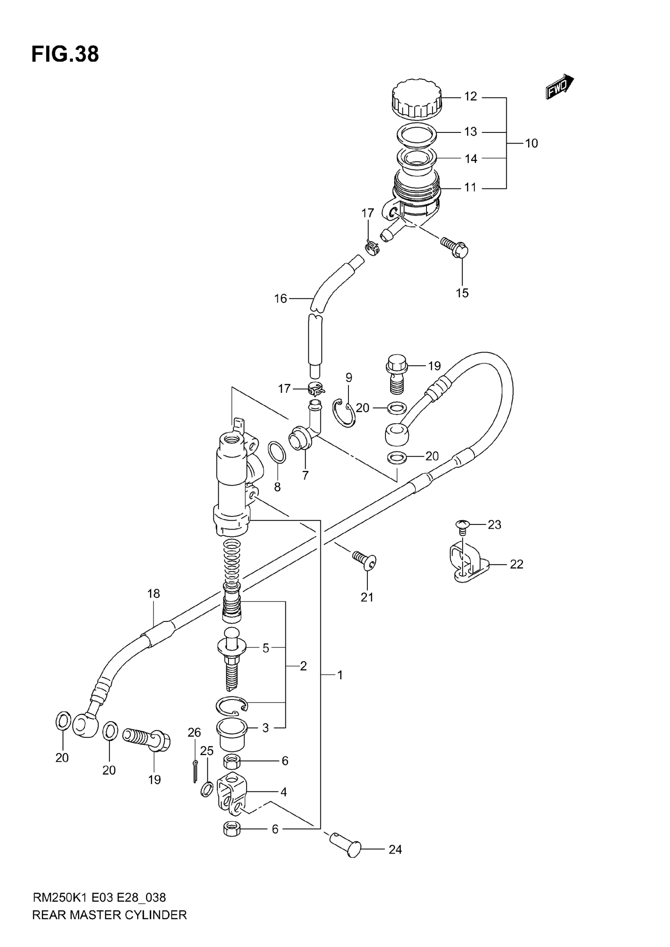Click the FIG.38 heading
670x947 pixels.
tap(65, 54)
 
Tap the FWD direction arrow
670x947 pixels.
tap(559, 87)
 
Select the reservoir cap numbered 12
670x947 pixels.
tap(416, 98)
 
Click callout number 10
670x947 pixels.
tap(531, 143)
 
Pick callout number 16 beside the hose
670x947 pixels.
tap(281, 299)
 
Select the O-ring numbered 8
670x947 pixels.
tap(277, 452)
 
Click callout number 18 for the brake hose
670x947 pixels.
tap(153, 594)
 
